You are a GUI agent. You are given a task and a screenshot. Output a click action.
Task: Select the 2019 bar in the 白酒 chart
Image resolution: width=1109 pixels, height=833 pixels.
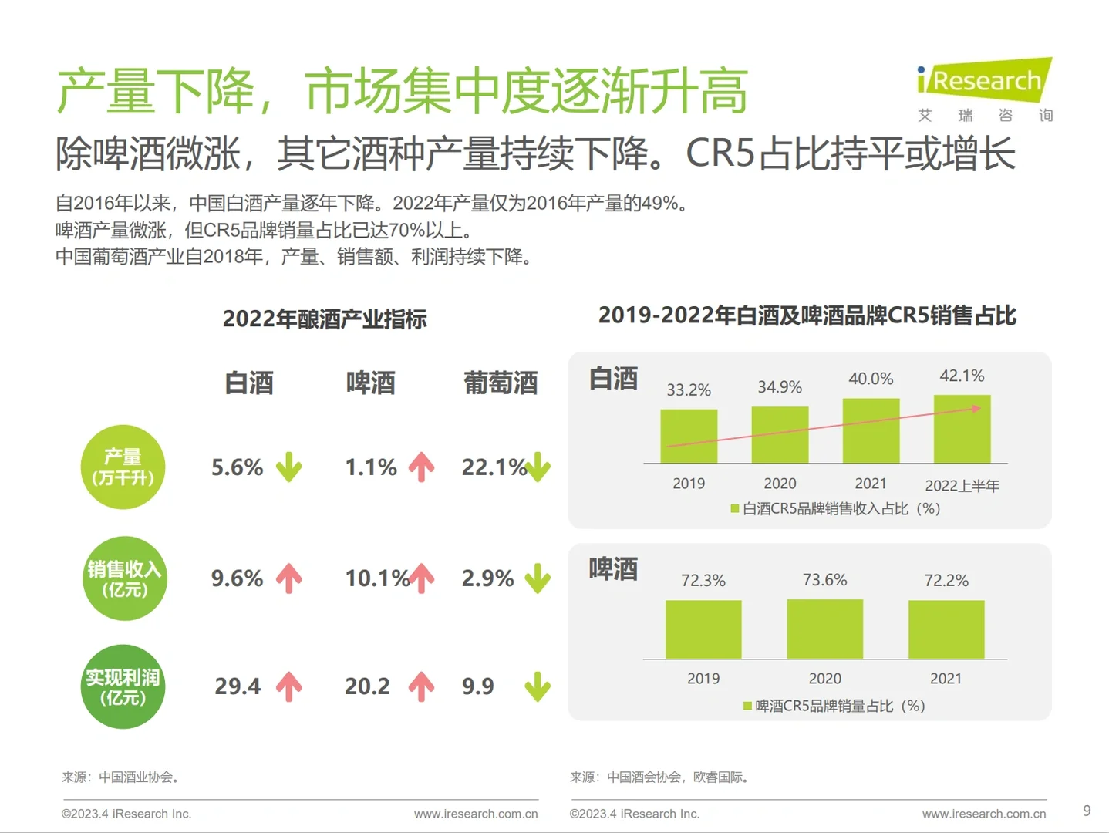tap(689, 437)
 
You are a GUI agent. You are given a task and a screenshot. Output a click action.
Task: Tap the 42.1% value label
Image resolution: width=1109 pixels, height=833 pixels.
tap(962, 376)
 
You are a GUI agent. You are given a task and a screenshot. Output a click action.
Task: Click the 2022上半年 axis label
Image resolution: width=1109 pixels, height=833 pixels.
tap(962, 485)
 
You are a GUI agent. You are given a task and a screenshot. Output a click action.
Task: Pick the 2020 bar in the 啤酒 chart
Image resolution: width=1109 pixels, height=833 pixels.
tap(824, 629)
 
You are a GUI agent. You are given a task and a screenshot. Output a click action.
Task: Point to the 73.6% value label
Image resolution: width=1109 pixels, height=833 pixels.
tap(824, 580)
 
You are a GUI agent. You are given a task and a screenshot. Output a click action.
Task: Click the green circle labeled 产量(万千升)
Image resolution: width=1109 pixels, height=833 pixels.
tap(123, 467)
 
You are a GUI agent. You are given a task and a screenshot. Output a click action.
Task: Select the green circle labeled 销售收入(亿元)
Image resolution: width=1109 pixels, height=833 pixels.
tap(124, 578)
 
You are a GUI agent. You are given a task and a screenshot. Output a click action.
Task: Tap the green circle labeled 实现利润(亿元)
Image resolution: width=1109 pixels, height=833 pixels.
tap(123, 686)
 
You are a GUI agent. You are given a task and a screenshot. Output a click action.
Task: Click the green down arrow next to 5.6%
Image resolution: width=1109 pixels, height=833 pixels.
tap(289, 467)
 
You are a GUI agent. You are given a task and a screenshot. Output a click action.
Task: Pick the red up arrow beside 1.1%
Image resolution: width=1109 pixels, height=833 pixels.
tap(421, 467)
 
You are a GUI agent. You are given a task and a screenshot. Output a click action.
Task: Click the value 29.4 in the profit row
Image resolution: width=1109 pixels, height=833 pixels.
tap(238, 686)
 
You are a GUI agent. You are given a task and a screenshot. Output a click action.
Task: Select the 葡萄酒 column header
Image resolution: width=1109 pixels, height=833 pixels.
tap(501, 383)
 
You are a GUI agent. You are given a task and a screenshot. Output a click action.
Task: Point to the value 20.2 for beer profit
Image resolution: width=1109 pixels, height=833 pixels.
tap(367, 686)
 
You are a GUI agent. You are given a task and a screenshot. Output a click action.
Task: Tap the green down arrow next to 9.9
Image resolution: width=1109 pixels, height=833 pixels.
tap(538, 686)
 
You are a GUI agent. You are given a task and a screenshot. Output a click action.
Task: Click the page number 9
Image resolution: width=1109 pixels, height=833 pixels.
tap(1087, 811)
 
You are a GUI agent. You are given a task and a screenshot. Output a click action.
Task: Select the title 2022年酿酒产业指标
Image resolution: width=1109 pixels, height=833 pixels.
tap(325, 319)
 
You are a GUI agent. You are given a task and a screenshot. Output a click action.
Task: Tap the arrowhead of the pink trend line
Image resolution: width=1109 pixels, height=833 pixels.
tap(976, 408)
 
